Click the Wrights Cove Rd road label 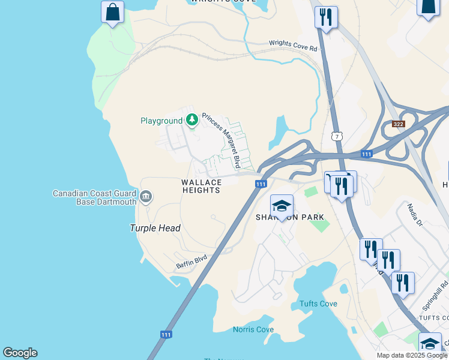292,43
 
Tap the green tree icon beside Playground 191,120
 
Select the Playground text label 161,121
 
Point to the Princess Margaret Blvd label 221,140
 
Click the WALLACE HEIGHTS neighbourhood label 201,186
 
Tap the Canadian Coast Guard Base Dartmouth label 94,197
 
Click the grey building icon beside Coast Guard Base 146,197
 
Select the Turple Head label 155,228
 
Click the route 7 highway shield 338,137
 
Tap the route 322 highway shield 399,124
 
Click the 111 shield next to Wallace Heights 261,184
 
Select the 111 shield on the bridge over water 167,334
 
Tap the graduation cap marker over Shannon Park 282,206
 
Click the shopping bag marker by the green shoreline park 112,11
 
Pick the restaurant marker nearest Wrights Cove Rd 326,17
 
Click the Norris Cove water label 253,329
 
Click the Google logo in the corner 20,353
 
